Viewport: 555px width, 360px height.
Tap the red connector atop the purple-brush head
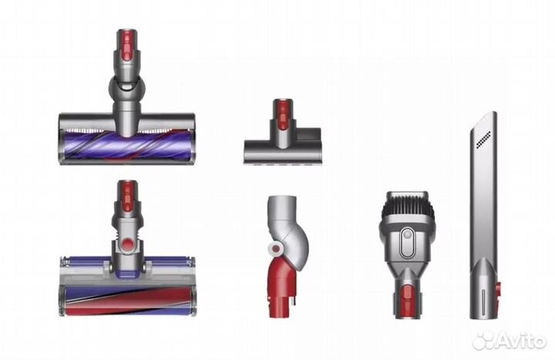click(x=126, y=49)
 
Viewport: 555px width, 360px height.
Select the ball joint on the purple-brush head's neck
click(x=126, y=86)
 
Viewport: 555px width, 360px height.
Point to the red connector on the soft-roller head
click(x=126, y=198)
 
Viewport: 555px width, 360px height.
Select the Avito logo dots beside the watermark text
click(x=483, y=340)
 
